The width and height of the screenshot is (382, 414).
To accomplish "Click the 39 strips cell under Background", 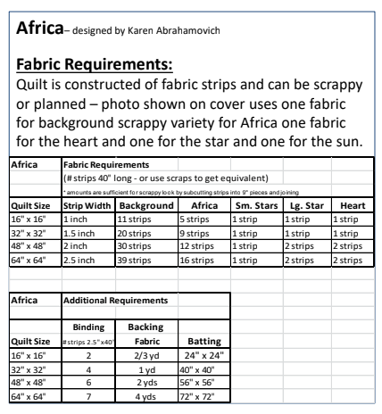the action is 137,261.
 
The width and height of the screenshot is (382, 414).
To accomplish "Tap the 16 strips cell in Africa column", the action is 196,261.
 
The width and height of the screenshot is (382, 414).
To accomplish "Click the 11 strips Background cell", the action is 137,218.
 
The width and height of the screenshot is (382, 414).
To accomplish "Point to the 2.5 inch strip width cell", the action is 81,261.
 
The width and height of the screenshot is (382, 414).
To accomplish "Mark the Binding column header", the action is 87,327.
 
